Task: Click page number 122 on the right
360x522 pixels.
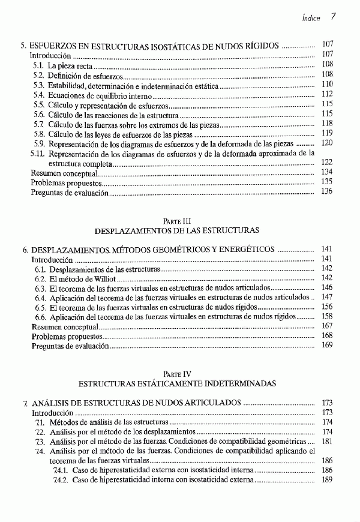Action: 327,163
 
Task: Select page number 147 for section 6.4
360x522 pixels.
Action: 327,297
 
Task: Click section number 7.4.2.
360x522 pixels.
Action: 61,480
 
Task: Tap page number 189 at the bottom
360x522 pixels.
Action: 327,480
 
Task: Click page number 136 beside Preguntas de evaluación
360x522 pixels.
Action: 327,192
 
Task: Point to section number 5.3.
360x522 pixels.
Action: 38,85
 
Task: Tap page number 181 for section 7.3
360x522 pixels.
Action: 327,441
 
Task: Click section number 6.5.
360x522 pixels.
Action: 40,307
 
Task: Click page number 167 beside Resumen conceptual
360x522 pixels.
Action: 327,326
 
